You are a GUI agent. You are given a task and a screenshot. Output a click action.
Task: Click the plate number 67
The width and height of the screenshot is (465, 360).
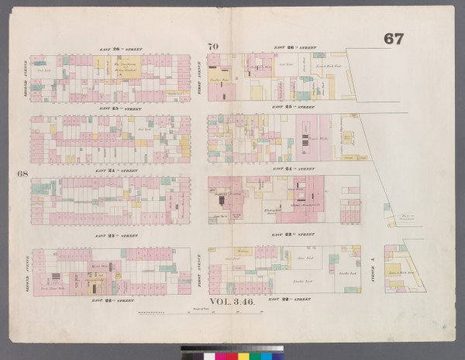click(x=393, y=39)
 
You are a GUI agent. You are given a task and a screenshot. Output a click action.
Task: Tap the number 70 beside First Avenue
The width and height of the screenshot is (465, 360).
click(x=212, y=46)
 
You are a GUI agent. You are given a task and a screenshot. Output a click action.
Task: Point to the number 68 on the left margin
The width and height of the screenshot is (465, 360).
click(x=22, y=173)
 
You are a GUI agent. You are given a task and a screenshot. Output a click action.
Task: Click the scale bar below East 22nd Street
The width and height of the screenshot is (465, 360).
click(x=201, y=311)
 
